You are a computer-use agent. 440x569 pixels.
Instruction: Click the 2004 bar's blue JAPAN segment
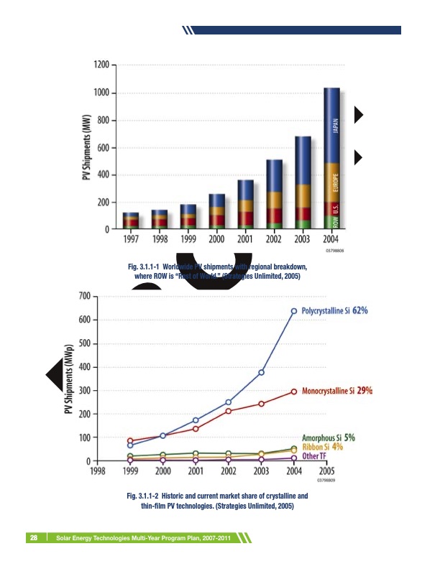click(331, 126)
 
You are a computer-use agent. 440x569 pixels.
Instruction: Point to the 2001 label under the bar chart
click(245, 239)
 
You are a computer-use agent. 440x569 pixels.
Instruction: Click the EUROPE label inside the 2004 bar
click(336, 184)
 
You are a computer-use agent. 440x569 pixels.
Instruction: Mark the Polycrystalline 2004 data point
click(293, 311)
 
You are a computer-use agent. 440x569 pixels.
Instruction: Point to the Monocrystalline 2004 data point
click(293, 392)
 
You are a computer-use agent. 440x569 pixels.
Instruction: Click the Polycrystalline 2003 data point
click(261, 372)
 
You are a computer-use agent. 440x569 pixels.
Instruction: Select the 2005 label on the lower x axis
click(326, 471)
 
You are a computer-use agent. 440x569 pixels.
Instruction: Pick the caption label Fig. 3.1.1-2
click(148, 496)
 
